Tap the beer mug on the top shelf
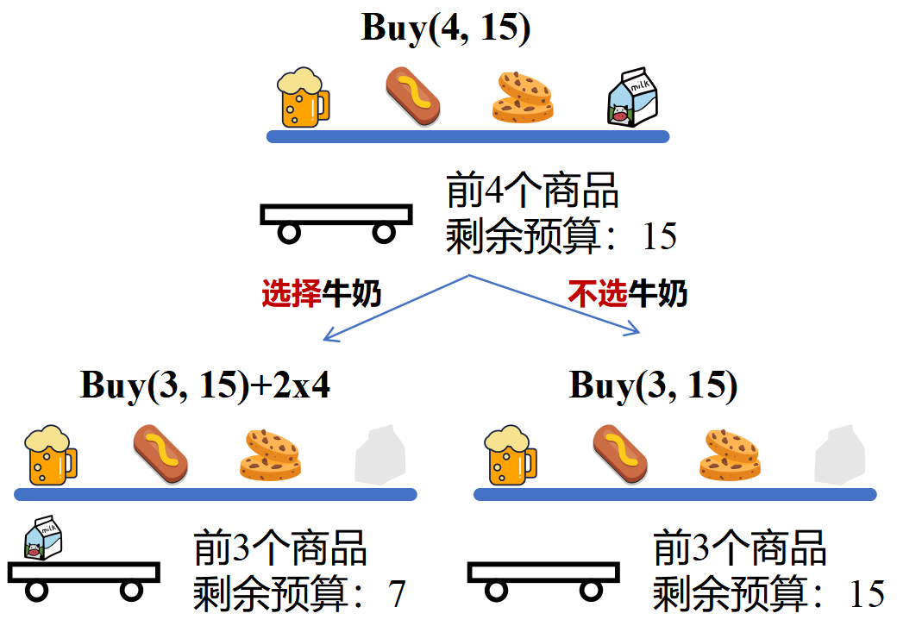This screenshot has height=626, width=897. point(302,98)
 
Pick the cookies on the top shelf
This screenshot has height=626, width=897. point(523,96)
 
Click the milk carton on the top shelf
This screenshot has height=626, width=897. point(633,97)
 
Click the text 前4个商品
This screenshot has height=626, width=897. point(532,191)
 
